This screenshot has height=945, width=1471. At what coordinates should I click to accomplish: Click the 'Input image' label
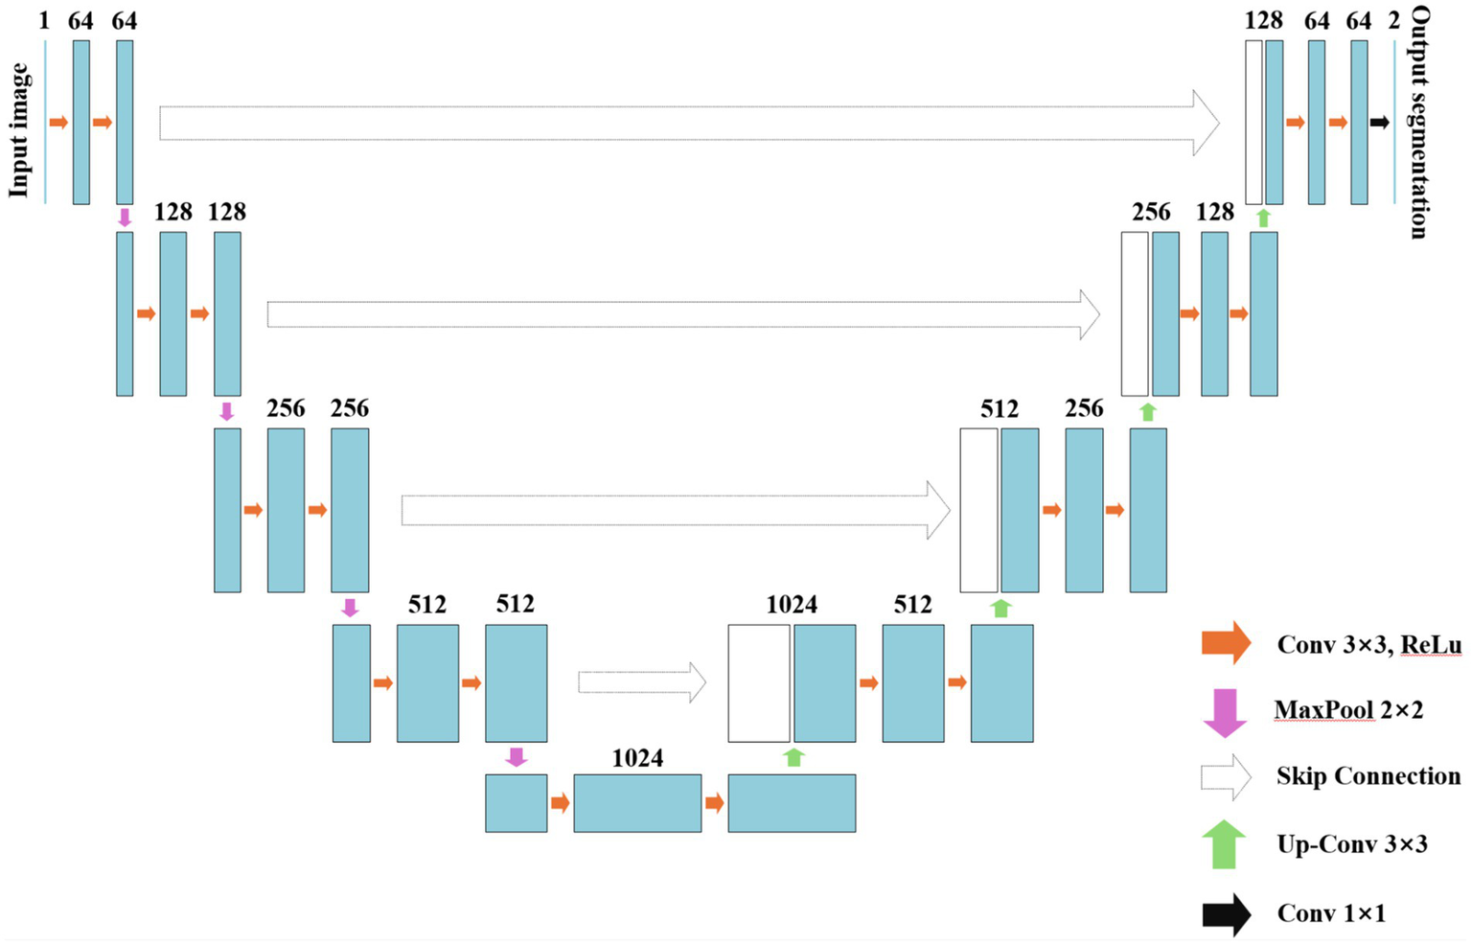click(19, 130)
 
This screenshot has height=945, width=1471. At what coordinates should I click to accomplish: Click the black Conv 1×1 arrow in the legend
click(1226, 914)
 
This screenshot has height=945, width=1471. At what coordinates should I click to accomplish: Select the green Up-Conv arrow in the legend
click(1224, 844)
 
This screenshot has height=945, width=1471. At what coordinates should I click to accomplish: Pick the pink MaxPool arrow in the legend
click(1224, 712)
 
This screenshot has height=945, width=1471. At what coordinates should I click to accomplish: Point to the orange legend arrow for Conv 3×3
click(1226, 643)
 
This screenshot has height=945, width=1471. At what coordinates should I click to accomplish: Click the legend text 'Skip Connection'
click(1368, 776)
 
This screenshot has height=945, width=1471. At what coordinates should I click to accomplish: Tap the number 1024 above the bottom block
click(637, 758)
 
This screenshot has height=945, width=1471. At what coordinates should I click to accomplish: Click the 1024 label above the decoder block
click(792, 605)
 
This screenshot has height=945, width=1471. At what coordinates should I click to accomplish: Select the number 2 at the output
click(1393, 20)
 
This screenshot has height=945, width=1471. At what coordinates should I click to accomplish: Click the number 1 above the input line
click(44, 20)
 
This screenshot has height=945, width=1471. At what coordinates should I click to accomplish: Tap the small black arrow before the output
click(1379, 123)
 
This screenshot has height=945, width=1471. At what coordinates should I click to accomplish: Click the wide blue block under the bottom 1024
click(637, 803)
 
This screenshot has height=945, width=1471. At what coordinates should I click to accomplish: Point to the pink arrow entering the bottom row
click(516, 757)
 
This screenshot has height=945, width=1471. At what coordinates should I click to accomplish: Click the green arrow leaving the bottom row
click(793, 757)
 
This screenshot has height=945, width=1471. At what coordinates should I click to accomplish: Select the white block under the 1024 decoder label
click(758, 683)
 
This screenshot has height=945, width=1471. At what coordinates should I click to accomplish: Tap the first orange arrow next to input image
click(58, 123)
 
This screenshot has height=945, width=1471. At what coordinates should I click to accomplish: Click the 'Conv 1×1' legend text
click(1331, 914)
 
